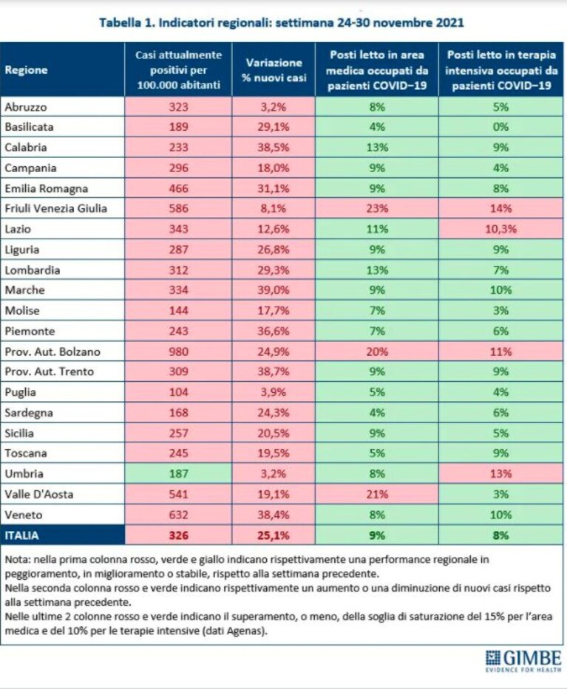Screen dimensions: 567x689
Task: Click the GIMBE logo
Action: pos(523,661)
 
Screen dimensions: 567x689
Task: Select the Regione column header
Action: pos(26,70)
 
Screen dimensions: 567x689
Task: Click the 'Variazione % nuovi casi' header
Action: pos(274,70)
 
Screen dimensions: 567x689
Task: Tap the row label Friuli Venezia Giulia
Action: pos(56,208)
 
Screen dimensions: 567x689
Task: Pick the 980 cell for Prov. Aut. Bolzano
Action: pos(178,352)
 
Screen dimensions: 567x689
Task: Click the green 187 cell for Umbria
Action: pos(178,473)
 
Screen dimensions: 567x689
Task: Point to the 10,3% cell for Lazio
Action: pos(500,229)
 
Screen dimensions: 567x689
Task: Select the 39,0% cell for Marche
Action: pos(274,290)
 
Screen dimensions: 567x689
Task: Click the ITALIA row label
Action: pos(22,535)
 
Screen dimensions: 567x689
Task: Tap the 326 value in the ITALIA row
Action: pos(178,535)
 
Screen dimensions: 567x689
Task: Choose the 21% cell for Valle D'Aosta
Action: pos(377,494)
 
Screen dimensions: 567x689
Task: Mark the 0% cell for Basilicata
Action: pos(500,127)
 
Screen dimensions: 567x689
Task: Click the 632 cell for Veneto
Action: pos(178,515)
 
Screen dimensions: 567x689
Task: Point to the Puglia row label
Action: pos(20,392)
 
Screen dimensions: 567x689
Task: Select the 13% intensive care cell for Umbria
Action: pos(500,473)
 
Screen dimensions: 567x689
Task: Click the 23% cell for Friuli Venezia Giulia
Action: pos(377,208)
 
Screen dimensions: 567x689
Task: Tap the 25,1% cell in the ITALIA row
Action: pos(274,535)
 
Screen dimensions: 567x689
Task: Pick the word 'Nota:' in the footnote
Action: pos(18,560)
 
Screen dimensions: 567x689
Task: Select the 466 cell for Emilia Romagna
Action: pos(178,188)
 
